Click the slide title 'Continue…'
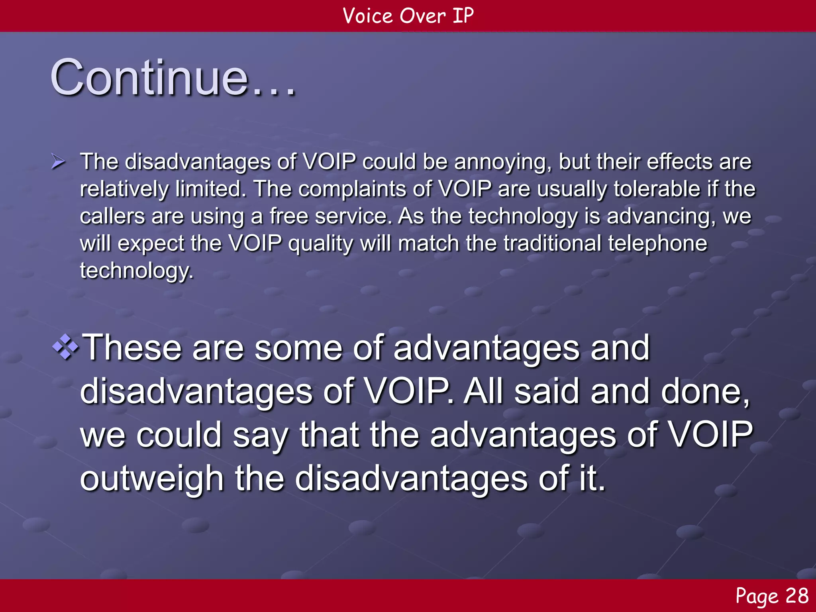click(173, 78)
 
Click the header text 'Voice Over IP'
click(408, 16)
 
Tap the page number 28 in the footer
click(797, 596)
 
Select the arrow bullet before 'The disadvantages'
click(58, 162)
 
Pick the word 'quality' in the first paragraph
click(320, 244)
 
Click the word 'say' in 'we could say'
click(261, 435)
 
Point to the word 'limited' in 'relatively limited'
click(208, 189)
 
